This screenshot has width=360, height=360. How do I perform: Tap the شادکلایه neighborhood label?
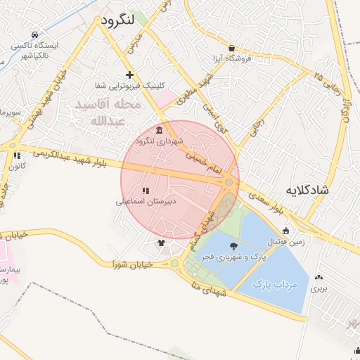point(312,190)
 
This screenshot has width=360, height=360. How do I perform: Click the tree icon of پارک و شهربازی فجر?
point(233,245)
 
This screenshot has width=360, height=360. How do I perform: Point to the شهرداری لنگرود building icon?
point(160,131)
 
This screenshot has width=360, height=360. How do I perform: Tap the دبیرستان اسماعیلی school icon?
point(145,191)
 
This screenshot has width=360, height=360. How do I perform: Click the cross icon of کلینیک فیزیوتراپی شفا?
point(129,75)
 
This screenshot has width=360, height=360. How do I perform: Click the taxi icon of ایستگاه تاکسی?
point(35,34)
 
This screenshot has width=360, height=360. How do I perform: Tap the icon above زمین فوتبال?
point(285,231)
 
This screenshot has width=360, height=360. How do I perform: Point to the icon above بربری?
point(320,277)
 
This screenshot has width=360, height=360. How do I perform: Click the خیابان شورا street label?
point(133,265)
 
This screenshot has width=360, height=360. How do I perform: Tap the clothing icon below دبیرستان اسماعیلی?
point(162,243)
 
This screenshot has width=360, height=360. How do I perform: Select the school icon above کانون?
point(17,155)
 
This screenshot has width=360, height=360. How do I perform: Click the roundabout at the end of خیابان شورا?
point(174,264)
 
